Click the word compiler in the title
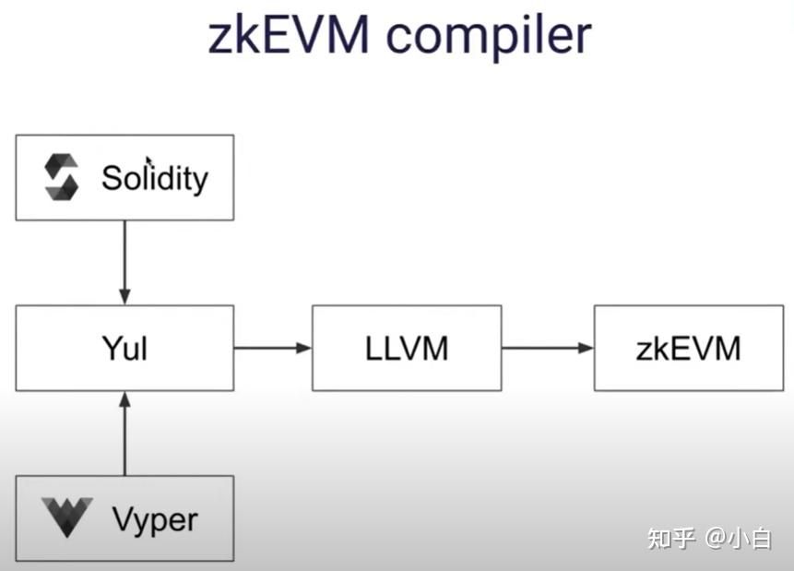click(x=489, y=37)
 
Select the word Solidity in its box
click(x=155, y=177)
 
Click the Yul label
click(x=124, y=349)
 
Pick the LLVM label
click(x=407, y=349)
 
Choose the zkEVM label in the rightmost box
click(x=688, y=349)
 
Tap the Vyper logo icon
click(x=66, y=517)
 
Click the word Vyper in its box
click(x=154, y=519)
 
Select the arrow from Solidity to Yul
click(x=124, y=262)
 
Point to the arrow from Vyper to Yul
click(x=124, y=434)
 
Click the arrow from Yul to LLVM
click(x=273, y=348)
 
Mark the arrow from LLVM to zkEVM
click(x=547, y=348)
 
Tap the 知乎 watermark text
click(x=670, y=538)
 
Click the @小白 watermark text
click(x=739, y=538)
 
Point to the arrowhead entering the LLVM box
click(x=304, y=348)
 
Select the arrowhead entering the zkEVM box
click(x=586, y=348)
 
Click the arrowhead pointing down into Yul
click(x=124, y=296)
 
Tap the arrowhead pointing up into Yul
click(x=124, y=399)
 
